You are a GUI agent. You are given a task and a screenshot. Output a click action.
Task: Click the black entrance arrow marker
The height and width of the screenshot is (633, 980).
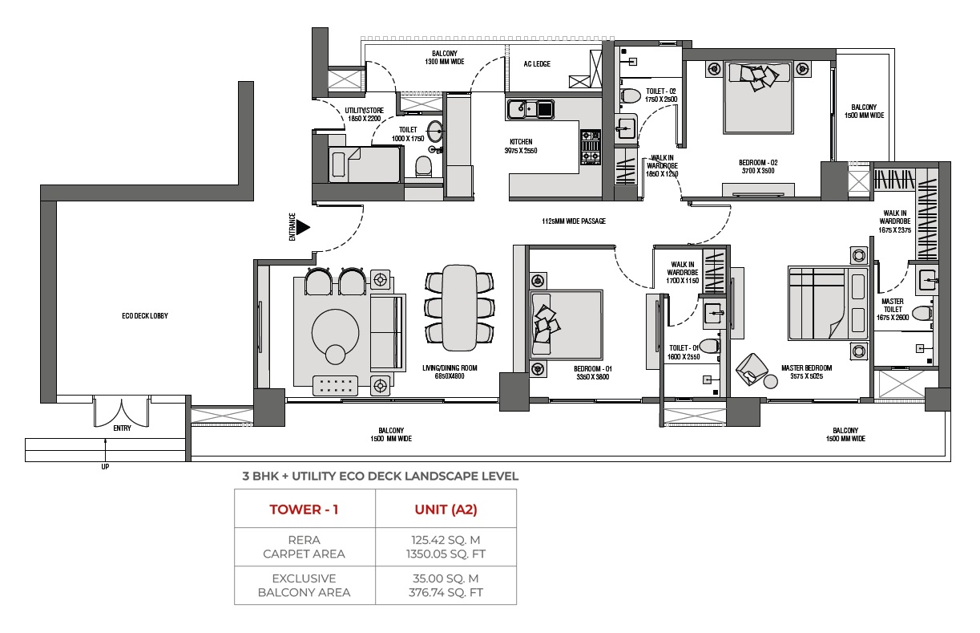(303, 227)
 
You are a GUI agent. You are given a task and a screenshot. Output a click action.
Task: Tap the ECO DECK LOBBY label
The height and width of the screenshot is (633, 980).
(145, 316)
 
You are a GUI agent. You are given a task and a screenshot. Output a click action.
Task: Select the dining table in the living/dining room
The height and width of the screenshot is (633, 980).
(459, 307)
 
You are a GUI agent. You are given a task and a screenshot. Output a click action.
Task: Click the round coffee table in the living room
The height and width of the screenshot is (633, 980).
(336, 333)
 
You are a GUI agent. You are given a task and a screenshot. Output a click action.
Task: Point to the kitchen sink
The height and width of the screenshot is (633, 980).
(530, 108)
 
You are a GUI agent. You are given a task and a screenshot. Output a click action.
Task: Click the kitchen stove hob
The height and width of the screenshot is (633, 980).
(591, 147)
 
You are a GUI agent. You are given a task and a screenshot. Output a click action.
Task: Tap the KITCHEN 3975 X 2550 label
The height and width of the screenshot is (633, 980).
(521, 146)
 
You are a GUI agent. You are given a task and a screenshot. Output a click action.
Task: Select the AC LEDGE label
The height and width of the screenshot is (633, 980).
(537, 64)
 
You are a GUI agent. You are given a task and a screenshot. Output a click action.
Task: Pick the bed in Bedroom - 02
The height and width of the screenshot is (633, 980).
(758, 97)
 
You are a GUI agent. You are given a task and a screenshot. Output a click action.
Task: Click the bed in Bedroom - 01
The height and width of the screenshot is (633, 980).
(567, 324)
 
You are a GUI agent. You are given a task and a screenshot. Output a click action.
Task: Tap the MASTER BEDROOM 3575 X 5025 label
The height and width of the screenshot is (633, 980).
(806, 372)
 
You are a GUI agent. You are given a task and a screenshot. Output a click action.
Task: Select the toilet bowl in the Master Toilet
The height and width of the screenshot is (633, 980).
(923, 313)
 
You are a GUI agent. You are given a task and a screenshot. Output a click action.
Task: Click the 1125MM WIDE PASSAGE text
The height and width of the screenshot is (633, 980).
(574, 221)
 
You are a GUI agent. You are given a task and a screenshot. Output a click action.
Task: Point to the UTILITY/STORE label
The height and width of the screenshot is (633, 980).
(364, 111)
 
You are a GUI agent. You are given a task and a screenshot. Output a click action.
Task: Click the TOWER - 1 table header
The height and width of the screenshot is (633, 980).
(304, 509)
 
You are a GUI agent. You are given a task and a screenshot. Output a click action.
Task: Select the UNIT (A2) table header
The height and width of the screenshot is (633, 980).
(446, 509)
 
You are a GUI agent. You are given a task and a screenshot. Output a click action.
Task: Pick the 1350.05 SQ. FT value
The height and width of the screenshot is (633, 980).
(446, 554)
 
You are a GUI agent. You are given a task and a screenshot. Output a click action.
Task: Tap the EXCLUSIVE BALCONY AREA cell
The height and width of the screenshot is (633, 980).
(304, 585)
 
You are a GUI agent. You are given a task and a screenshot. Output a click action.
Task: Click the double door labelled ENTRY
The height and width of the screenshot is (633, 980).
(121, 412)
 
